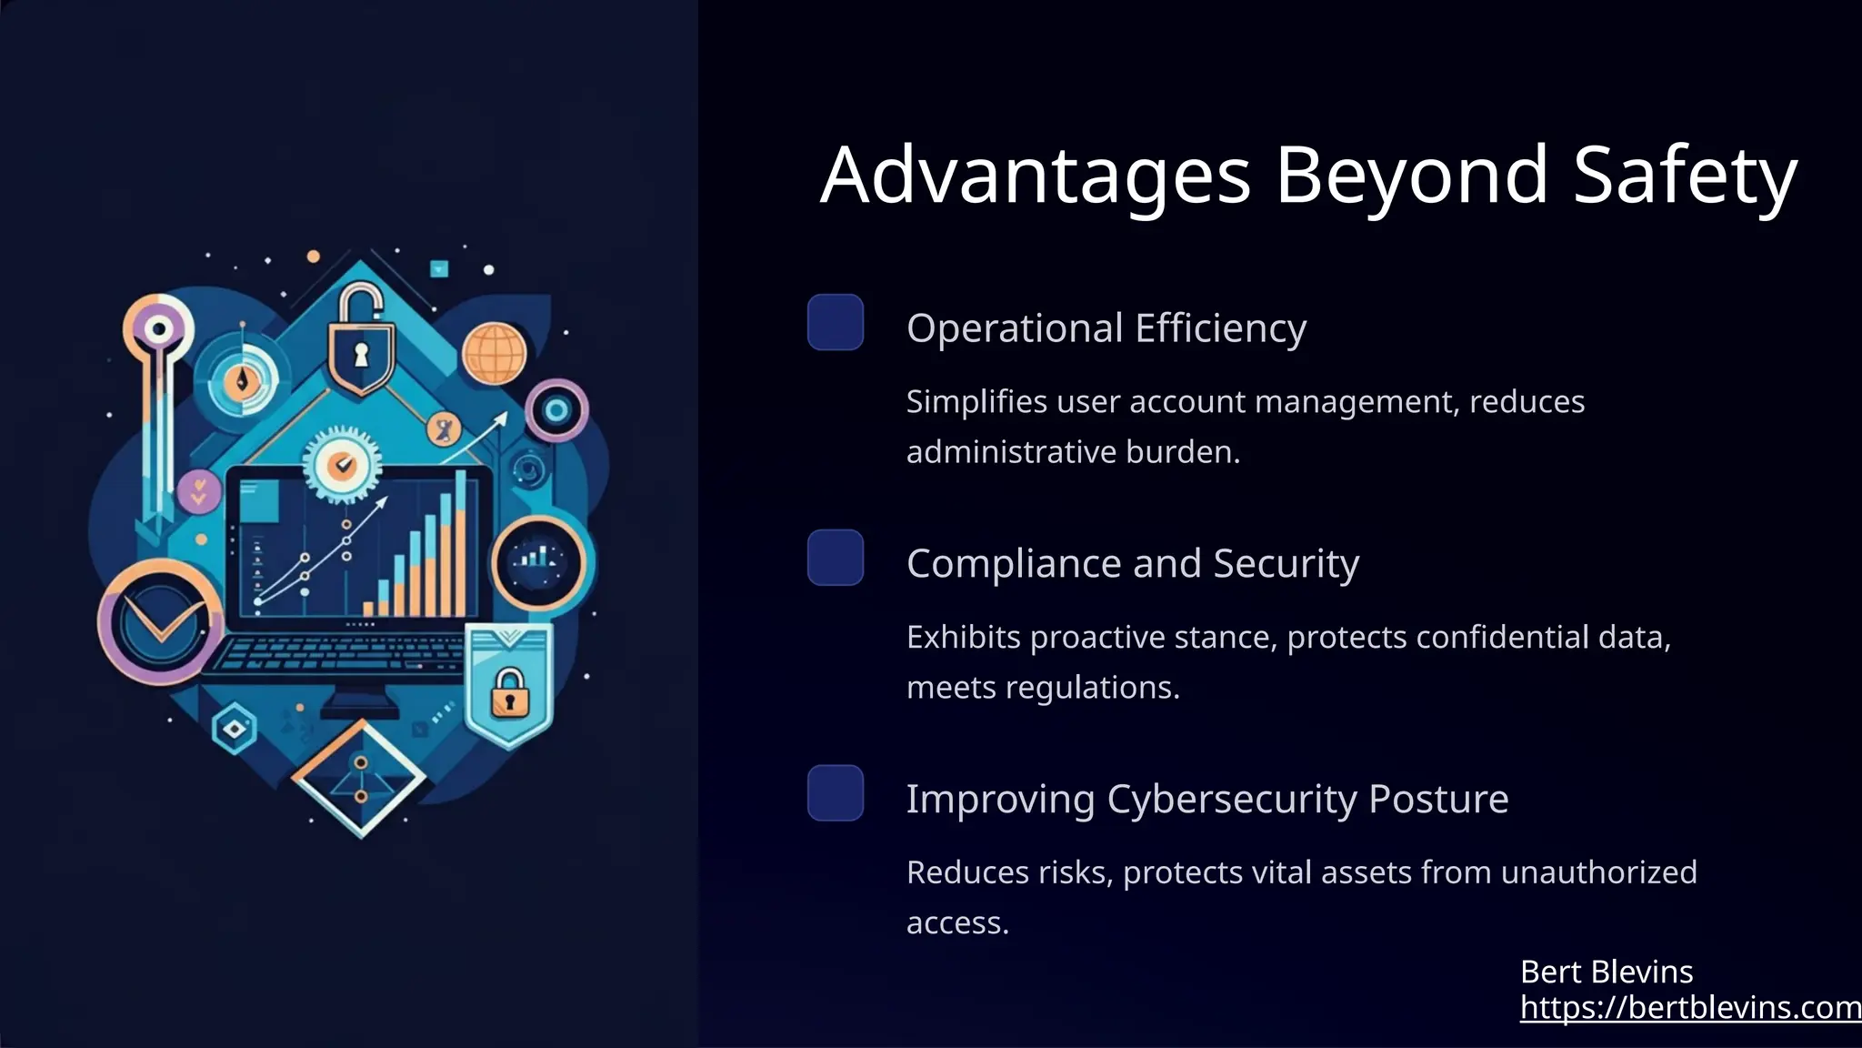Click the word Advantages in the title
coord(1035,175)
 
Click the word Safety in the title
coord(1685,175)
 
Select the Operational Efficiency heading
coord(1106,327)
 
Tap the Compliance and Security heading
coord(1132,563)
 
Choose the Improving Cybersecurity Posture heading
coord(1206,799)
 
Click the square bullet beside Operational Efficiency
coord(835,322)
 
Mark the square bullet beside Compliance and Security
coord(835,558)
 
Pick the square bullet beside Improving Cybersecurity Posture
coord(835,793)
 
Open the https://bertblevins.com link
coord(1690,1007)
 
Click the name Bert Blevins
coord(1606,972)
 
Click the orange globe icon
coord(494,353)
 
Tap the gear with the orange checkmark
coord(342,465)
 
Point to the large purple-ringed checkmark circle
coord(160,622)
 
